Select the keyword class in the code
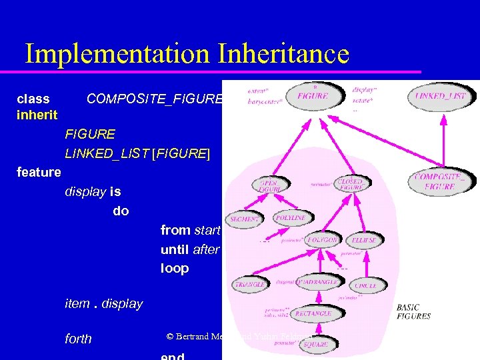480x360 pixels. coord(33,99)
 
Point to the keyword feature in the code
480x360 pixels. coord(39,173)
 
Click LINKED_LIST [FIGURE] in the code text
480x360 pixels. coord(137,154)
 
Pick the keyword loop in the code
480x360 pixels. coord(175,269)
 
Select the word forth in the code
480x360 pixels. coord(78,339)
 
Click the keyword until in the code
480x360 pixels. coord(175,249)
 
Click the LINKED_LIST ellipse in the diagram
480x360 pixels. coord(441,97)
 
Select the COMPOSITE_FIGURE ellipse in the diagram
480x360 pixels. coord(439,181)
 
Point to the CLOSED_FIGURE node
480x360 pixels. coord(351,185)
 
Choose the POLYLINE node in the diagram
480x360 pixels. coord(290,218)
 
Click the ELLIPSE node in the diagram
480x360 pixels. coord(363,240)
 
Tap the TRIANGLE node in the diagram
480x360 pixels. coord(250,284)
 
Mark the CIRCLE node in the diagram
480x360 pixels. coord(365,285)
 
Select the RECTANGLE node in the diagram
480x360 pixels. coord(313,313)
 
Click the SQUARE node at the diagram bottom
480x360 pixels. coord(315,344)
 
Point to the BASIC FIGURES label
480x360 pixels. coord(413,311)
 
